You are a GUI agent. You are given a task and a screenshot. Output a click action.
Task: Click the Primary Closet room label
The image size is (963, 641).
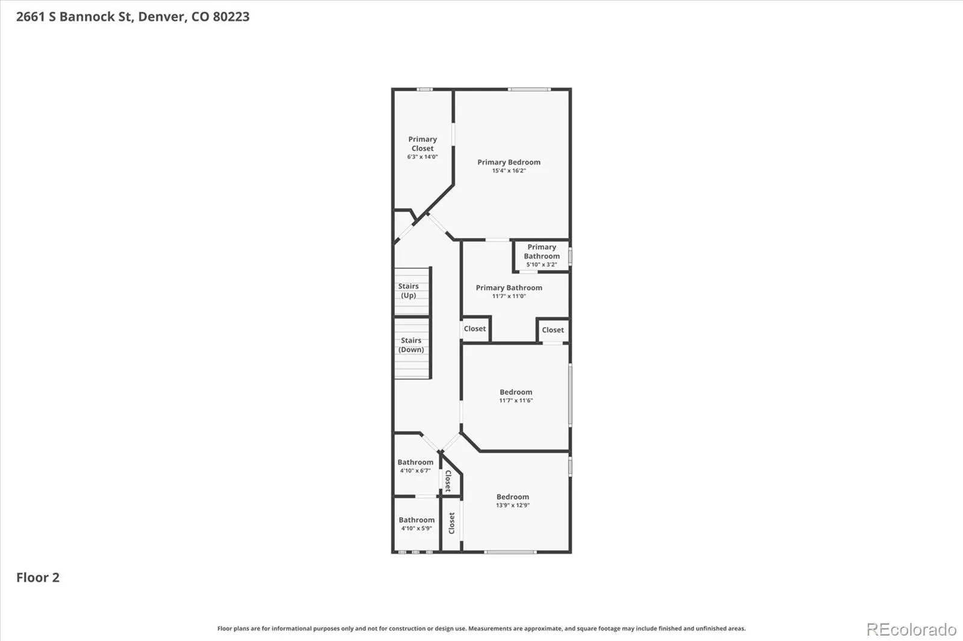(423, 144)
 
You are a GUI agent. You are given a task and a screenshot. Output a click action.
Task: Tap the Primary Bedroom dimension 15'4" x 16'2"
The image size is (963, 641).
(509, 171)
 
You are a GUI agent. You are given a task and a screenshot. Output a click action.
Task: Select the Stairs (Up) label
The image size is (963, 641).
(409, 290)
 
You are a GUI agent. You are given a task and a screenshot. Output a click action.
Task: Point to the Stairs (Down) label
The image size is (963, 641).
(411, 345)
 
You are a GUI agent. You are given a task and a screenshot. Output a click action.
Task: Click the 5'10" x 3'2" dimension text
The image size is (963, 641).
(542, 265)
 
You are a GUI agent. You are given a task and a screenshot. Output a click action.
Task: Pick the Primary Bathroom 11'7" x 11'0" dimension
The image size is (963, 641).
(509, 296)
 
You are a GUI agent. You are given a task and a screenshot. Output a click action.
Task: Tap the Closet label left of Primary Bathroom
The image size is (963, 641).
(475, 329)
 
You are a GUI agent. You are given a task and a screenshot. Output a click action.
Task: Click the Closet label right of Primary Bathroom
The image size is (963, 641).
(553, 330)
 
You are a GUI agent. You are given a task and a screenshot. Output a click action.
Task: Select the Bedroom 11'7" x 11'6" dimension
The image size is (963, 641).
(516, 400)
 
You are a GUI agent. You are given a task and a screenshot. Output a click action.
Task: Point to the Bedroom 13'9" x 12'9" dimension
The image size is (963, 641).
(513, 505)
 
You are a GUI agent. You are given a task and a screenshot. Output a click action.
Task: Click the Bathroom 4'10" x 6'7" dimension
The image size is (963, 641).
(415, 471)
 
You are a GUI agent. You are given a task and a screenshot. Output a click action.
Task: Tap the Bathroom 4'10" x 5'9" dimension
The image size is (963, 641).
(416, 529)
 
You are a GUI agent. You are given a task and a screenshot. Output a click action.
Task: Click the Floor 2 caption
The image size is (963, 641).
(38, 577)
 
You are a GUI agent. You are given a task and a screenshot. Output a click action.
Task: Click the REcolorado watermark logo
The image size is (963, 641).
(911, 630)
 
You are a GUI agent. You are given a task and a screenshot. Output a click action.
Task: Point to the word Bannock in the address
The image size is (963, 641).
(91, 17)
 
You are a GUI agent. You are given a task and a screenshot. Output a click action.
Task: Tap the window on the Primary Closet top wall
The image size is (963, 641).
(424, 90)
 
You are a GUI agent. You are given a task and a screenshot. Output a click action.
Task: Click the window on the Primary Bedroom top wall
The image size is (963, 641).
(529, 90)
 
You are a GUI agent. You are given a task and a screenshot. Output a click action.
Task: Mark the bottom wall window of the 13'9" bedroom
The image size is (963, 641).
(510, 552)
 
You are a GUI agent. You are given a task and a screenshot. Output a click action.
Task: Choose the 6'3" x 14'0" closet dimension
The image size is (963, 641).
(423, 157)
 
